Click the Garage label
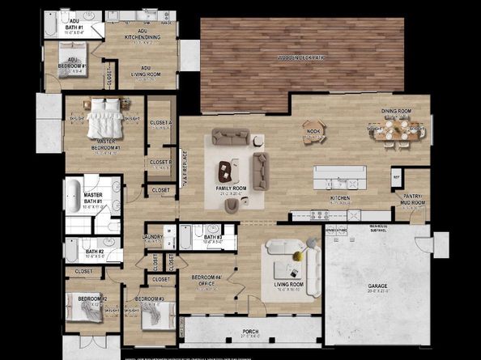(x=377, y=286)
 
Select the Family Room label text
(x=230, y=188)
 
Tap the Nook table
(x=314, y=129)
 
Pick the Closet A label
(x=161, y=122)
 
